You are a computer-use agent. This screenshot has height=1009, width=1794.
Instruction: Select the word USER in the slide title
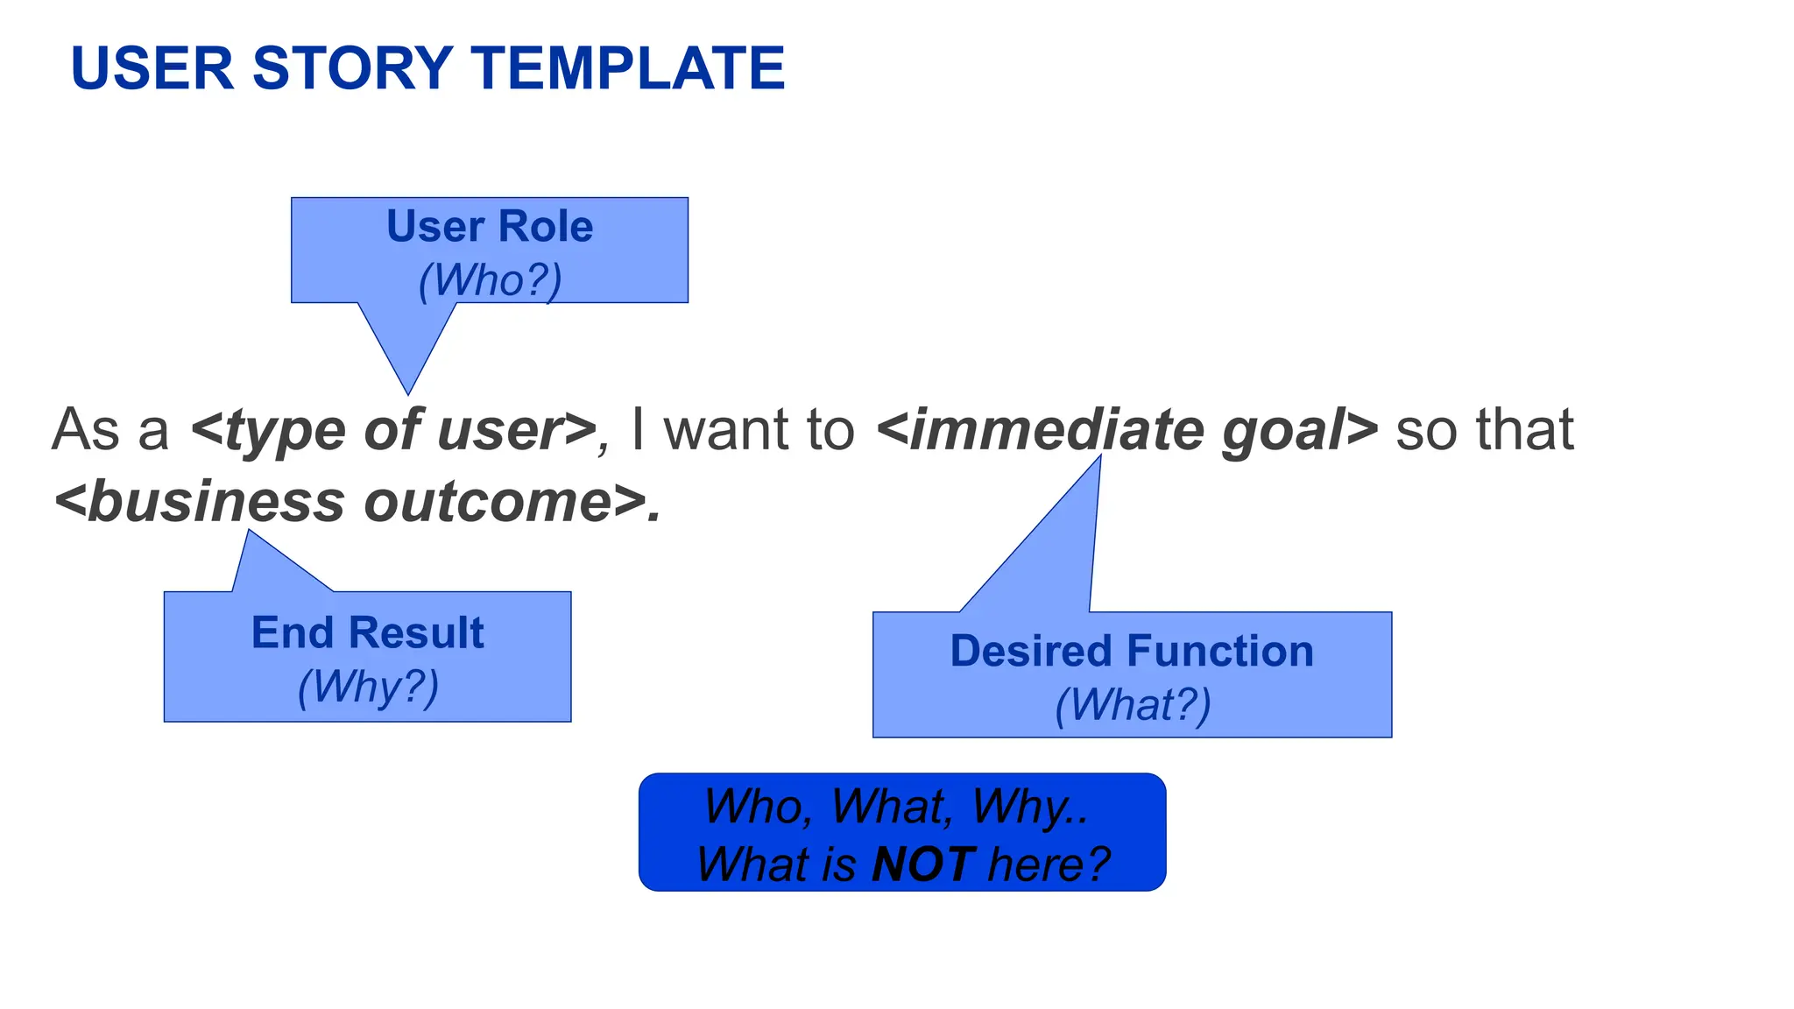(152, 68)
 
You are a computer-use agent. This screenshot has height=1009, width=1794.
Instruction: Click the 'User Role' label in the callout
(490, 227)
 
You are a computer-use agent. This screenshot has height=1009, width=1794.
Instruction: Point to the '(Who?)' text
(490, 281)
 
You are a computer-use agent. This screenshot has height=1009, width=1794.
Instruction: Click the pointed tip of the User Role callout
(408, 391)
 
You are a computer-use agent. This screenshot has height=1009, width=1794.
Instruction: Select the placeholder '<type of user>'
(393, 430)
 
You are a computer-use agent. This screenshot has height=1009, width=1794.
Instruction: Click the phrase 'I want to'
(742, 430)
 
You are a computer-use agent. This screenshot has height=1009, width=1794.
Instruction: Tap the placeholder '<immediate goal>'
(1127, 430)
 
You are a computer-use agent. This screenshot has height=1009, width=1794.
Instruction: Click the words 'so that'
(1484, 430)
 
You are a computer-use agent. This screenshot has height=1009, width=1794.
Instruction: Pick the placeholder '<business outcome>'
(357, 503)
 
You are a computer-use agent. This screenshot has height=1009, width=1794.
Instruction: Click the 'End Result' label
(367, 633)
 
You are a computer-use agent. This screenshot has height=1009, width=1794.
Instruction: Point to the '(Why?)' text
(368, 687)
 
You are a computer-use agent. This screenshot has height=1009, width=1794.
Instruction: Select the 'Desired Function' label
(1132, 652)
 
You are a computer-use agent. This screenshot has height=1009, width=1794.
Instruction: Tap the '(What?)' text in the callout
(1133, 705)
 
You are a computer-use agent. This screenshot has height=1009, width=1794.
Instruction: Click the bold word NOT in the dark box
(922, 865)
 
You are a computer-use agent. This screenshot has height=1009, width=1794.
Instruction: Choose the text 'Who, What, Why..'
(895, 807)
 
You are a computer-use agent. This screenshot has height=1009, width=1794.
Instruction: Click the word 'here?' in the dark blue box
(1049, 865)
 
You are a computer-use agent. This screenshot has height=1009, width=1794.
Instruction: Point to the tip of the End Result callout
(250, 533)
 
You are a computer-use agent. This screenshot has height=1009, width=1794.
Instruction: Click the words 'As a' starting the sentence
(110, 430)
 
